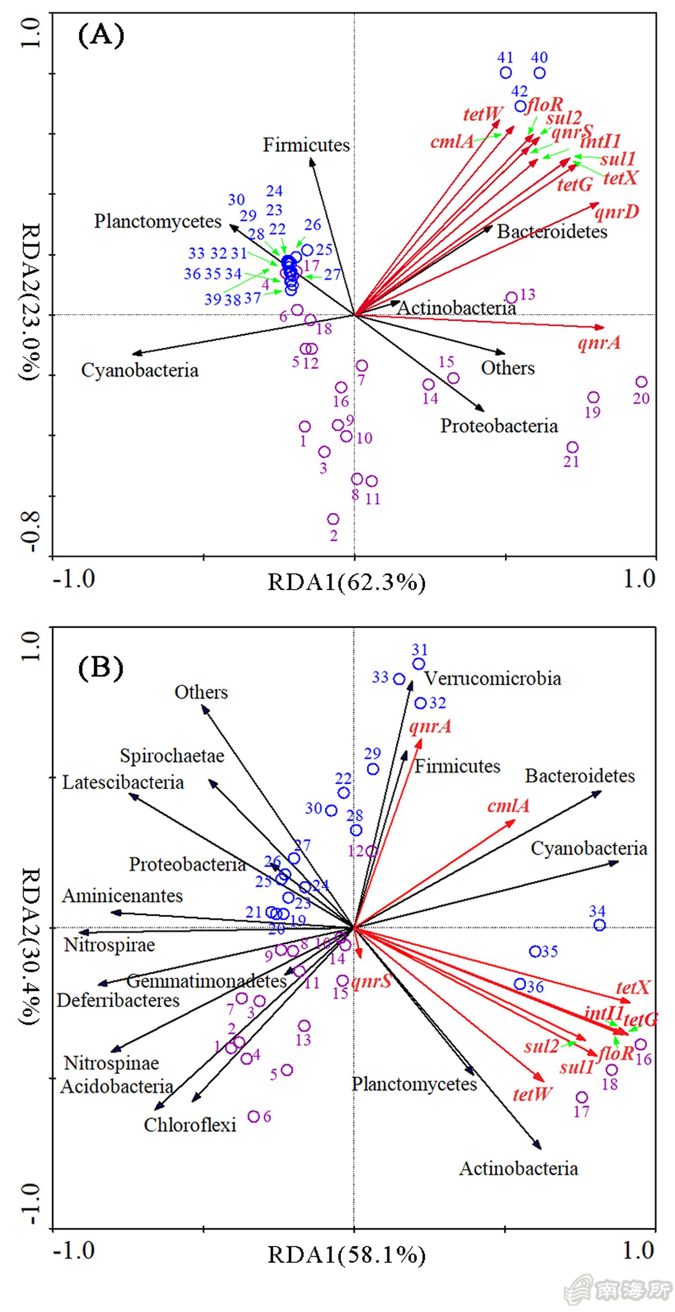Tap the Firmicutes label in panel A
(306, 145)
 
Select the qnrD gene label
(617, 211)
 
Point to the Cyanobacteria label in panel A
(139, 370)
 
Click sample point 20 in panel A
(641, 382)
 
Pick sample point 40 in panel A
(540, 73)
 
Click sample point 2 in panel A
(333, 519)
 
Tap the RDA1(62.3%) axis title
(346, 583)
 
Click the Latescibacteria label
(123, 782)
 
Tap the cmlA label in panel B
(508, 806)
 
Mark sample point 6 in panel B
(254, 1116)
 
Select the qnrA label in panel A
(599, 343)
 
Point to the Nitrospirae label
(109, 946)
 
